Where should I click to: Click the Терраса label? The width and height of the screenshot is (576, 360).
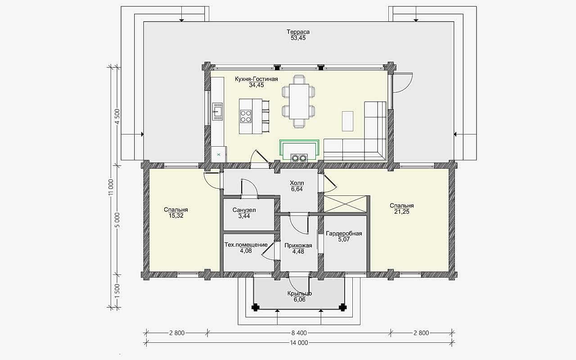298,32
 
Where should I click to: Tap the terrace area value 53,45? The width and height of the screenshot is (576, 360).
298,38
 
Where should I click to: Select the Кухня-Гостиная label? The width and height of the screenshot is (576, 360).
256,79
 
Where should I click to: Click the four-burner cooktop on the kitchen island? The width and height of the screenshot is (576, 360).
246,116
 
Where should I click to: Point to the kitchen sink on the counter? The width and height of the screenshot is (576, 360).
217,112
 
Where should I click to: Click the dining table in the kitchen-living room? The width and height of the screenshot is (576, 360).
299,102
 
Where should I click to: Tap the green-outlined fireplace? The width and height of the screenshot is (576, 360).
299,151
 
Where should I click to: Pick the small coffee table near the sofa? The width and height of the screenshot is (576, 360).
347,121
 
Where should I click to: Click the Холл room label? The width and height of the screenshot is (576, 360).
297,183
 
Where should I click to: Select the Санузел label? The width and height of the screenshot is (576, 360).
244,210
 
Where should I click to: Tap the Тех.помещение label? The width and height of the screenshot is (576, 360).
246,245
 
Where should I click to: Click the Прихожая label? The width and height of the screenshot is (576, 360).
298,246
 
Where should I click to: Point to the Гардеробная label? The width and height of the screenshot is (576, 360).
344,234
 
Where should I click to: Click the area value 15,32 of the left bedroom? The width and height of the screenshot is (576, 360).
176,216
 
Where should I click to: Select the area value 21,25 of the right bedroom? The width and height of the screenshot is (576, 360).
402,211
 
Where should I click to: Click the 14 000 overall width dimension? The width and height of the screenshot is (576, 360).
299,343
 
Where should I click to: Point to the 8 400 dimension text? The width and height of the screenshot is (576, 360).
299,333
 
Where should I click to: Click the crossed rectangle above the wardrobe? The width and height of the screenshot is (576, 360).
345,204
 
